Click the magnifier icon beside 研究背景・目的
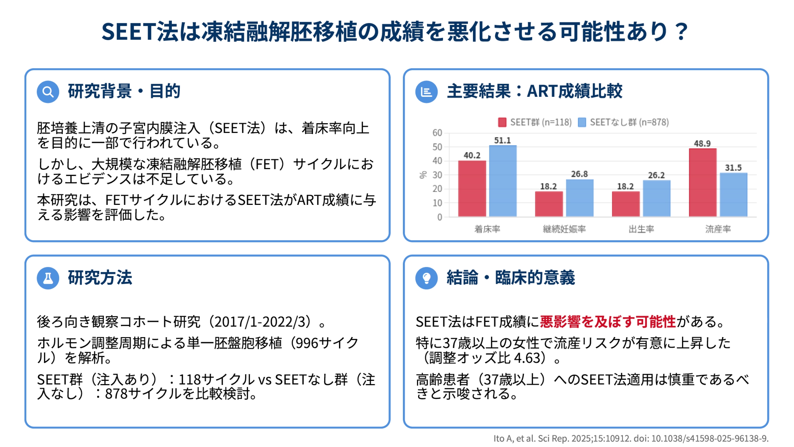[x=48, y=92]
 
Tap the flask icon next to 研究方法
[x=48, y=278]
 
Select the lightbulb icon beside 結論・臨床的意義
[x=426, y=278]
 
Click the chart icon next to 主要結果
[x=426, y=92]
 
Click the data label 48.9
[x=702, y=143]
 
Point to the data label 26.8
[x=579, y=174]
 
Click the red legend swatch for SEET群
[x=502, y=122]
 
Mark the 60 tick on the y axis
[x=437, y=133]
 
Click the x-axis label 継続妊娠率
[x=564, y=229]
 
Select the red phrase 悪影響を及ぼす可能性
[x=608, y=322]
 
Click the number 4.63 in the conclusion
[x=527, y=358]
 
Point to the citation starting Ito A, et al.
[x=631, y=438]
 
